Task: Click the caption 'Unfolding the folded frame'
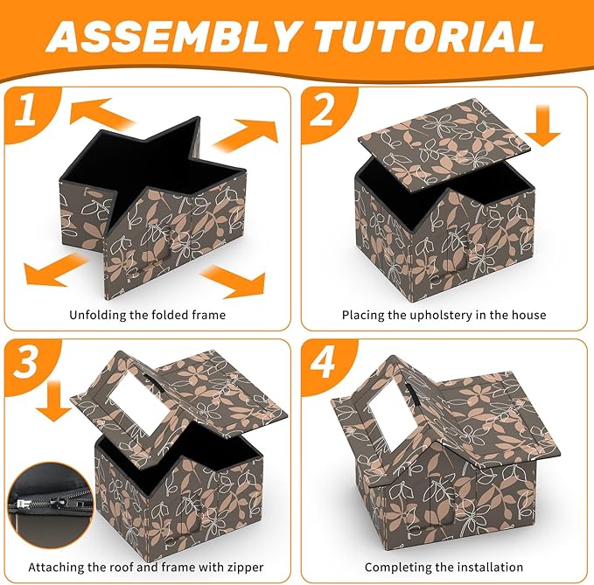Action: click(x=146, y=315)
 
